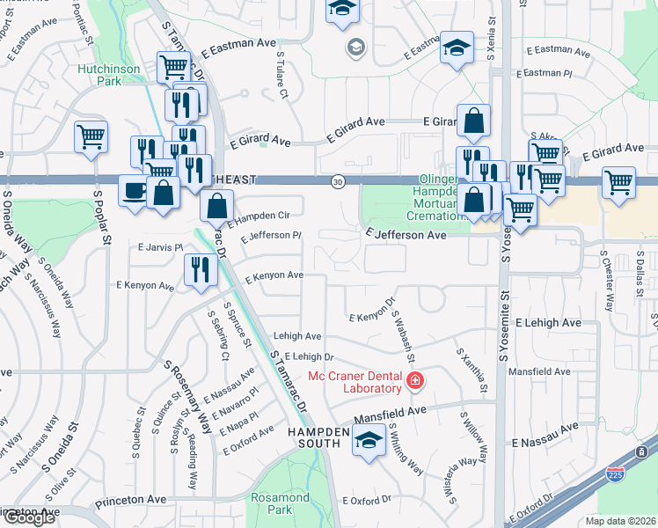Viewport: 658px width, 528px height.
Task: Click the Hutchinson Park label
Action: click(x=110, y=73)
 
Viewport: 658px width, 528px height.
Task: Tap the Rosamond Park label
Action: click(x=280, y=503)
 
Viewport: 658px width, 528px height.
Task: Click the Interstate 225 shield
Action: click(x=616, y=475)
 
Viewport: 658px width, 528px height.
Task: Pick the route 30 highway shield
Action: click(x=338, y=181)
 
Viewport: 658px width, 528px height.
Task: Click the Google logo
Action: click(x=29, y=517)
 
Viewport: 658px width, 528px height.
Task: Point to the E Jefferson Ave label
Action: click(x=406, y=236)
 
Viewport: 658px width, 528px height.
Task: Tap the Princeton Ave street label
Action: click(x=33, y=512)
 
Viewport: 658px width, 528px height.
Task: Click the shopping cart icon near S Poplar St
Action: click(x=91, y=137)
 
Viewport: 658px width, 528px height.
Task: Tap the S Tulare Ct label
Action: click(x=282, y=70)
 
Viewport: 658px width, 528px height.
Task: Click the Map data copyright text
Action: click(x=623, y=520)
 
